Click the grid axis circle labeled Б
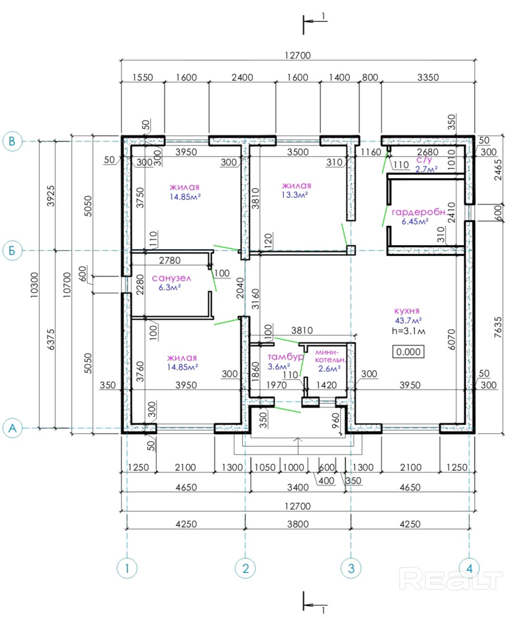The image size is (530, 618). (x=12, y=250)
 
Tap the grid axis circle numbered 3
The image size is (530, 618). (x=351, y=568)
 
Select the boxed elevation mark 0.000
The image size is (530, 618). (x=408, y=352)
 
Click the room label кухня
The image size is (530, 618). (x=406, y=311)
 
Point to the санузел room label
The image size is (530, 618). (x=172, y=279)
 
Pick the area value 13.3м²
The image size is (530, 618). (x=295, y=195)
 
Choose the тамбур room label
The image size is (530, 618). (x=285, y=357)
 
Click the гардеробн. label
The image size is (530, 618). (x=420, y=212)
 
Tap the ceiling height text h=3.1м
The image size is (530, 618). (x=408, y=331)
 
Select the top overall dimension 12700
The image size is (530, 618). (x=298, y=55)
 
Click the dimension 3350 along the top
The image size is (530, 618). (x=428, y=77)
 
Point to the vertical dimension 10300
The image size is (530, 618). (x=34, y=285)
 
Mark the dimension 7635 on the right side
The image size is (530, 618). (x=498, y=327)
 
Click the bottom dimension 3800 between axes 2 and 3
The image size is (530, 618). (x=298, y=524)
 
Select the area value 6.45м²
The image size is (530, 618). (x=415, y=221)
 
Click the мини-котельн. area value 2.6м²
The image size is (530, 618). (x=329, y=369)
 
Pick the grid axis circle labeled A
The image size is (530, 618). (x=12, y=428)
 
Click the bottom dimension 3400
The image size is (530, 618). (x=298, y=487)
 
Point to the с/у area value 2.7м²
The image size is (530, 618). (x=426, y=169)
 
